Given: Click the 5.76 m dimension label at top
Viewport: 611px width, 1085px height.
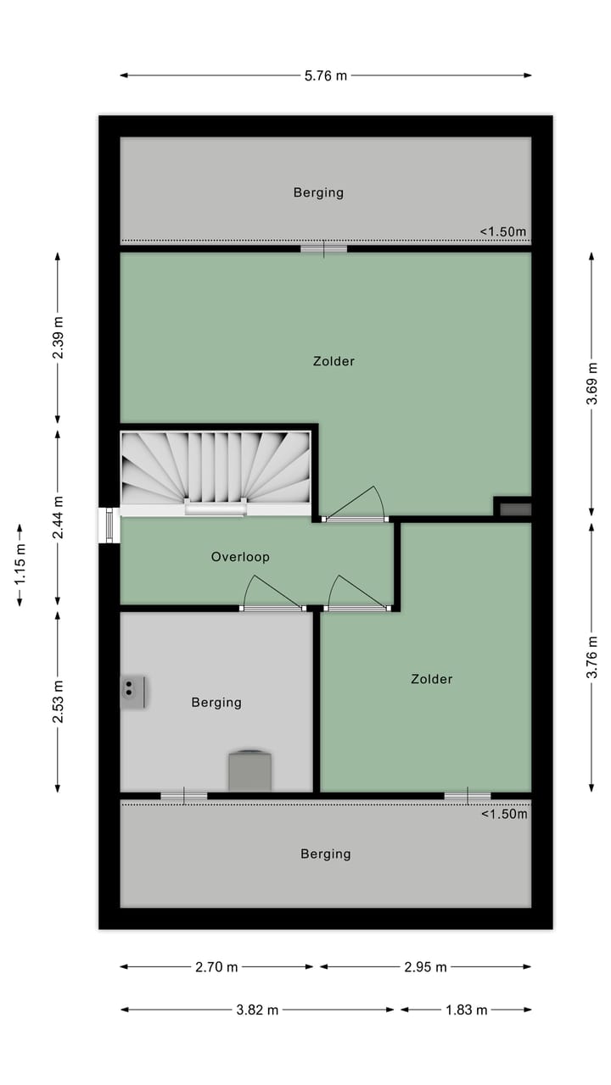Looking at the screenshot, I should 326,75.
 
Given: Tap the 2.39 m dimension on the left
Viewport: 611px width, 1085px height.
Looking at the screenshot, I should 58,337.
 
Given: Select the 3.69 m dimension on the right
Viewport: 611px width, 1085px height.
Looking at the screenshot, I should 591,383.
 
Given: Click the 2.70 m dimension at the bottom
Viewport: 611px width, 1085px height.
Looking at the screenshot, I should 216,966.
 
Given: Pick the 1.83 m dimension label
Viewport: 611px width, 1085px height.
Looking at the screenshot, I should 466,1010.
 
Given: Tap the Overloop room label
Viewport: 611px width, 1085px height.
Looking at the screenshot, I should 240,557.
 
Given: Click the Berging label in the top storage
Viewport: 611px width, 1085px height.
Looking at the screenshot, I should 318,192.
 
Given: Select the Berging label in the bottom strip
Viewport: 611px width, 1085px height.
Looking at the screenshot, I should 325,854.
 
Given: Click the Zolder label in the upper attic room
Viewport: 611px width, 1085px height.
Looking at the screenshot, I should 334,361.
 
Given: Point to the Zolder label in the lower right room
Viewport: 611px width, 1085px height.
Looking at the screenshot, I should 431,679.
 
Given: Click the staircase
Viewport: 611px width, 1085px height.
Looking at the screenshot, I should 216,471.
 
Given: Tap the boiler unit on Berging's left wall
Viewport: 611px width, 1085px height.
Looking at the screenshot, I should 132,692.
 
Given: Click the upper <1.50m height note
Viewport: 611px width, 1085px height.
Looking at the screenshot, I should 503,231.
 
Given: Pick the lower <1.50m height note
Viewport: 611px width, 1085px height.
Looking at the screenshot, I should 504,815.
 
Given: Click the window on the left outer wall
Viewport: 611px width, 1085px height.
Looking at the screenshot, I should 109,526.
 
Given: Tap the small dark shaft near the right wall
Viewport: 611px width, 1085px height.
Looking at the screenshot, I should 514,509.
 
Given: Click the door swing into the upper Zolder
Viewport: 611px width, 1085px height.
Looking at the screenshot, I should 356,505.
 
